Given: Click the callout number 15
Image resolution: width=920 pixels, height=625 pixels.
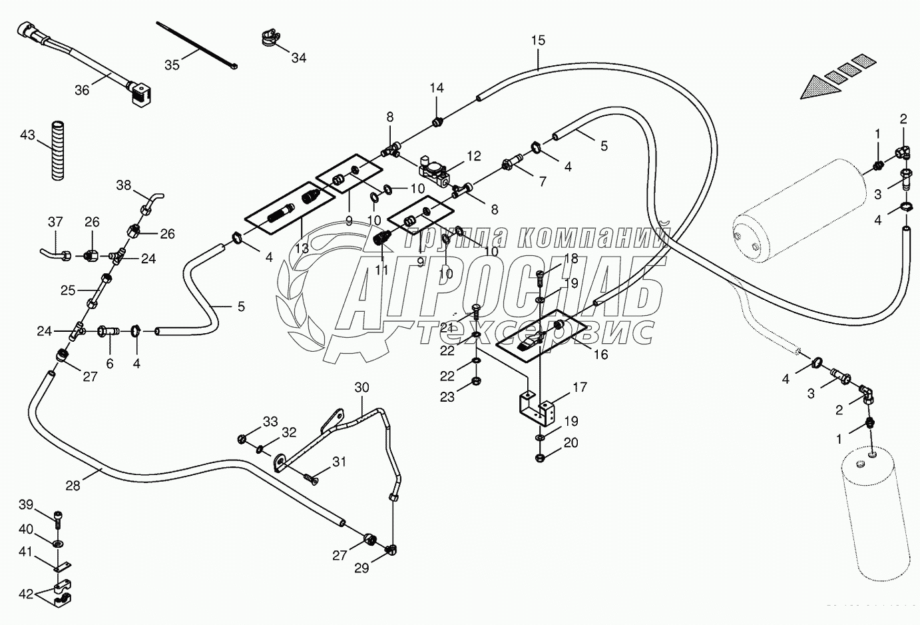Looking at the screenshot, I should point(538,41).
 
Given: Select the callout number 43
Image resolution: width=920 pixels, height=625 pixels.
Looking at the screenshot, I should point(27,135).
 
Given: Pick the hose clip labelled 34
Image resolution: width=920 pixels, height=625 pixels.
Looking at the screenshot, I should point(268,39).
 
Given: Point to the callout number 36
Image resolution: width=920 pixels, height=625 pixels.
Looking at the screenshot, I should point(82,90).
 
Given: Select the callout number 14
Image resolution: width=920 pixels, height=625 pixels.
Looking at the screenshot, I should point(436,88).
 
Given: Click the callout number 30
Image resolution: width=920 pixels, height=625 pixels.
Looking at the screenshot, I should point(361,387).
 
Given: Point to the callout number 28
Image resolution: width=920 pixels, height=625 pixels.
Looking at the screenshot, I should point(73,486).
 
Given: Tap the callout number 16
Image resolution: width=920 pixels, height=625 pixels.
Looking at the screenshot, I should point(600,354).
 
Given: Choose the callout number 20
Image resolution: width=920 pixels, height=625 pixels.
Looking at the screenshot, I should point(571,442).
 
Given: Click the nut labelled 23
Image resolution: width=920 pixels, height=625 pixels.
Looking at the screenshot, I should point(477,382).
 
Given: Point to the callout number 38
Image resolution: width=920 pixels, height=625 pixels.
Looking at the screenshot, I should point(124,185).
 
